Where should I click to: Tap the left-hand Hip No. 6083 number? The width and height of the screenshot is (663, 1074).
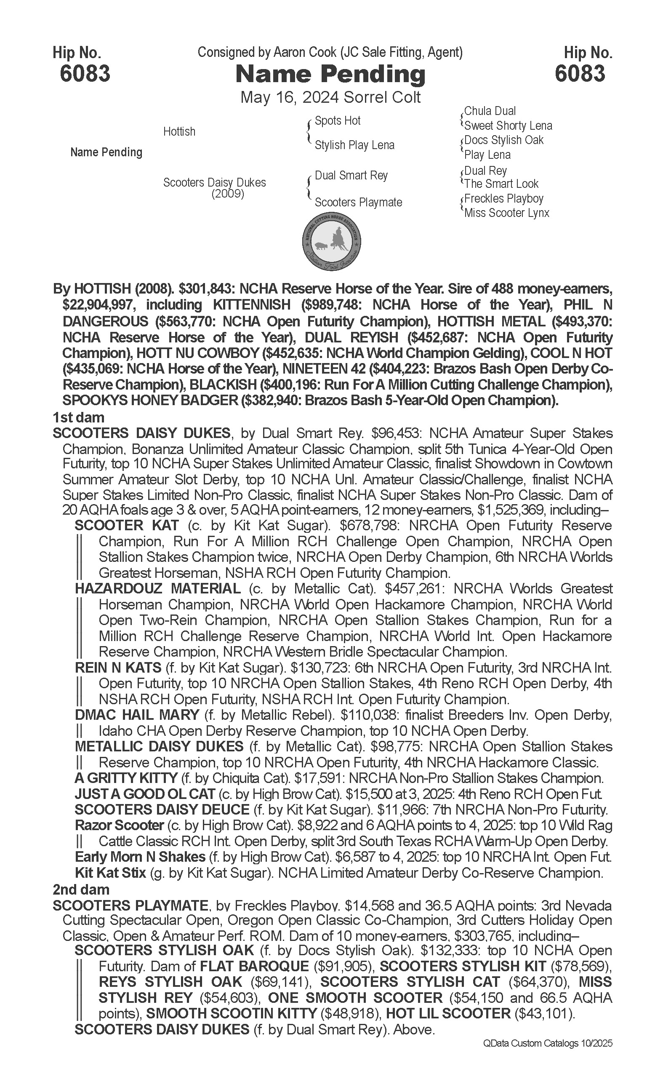[85, 73]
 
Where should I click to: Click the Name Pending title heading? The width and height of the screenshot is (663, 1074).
[330, 74]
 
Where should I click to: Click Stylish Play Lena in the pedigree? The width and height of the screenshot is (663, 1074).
[354, 145]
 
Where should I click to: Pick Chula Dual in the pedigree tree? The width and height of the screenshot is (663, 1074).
[490, 111]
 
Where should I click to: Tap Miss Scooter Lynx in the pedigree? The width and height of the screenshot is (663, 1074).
[506, 213]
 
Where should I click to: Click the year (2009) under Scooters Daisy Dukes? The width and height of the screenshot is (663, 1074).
[228, 193]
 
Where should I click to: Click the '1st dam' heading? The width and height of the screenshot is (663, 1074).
[78, 417]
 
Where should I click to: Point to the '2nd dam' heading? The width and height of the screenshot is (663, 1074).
[81, 889]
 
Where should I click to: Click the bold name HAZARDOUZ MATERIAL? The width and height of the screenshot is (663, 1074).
[158, 589]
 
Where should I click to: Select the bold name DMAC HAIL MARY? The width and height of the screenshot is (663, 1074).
[137, 715]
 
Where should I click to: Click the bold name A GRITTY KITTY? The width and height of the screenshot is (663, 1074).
[126, 778]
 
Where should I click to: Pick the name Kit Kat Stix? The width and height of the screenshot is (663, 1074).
[110, 873]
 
